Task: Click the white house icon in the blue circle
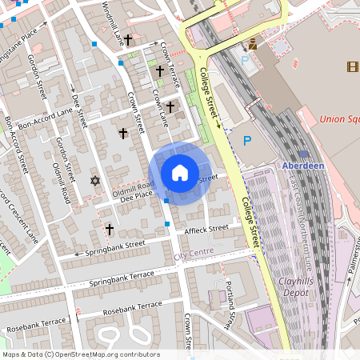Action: point(180,173)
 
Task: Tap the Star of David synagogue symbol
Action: point(97,182)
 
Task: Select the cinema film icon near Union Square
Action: point(353,66)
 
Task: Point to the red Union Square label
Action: point(338,119)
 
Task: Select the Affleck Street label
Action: point(206,230)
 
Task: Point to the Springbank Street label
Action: point(115,248)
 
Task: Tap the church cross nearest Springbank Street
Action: point(109,230)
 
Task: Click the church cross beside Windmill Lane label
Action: point(127,38)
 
